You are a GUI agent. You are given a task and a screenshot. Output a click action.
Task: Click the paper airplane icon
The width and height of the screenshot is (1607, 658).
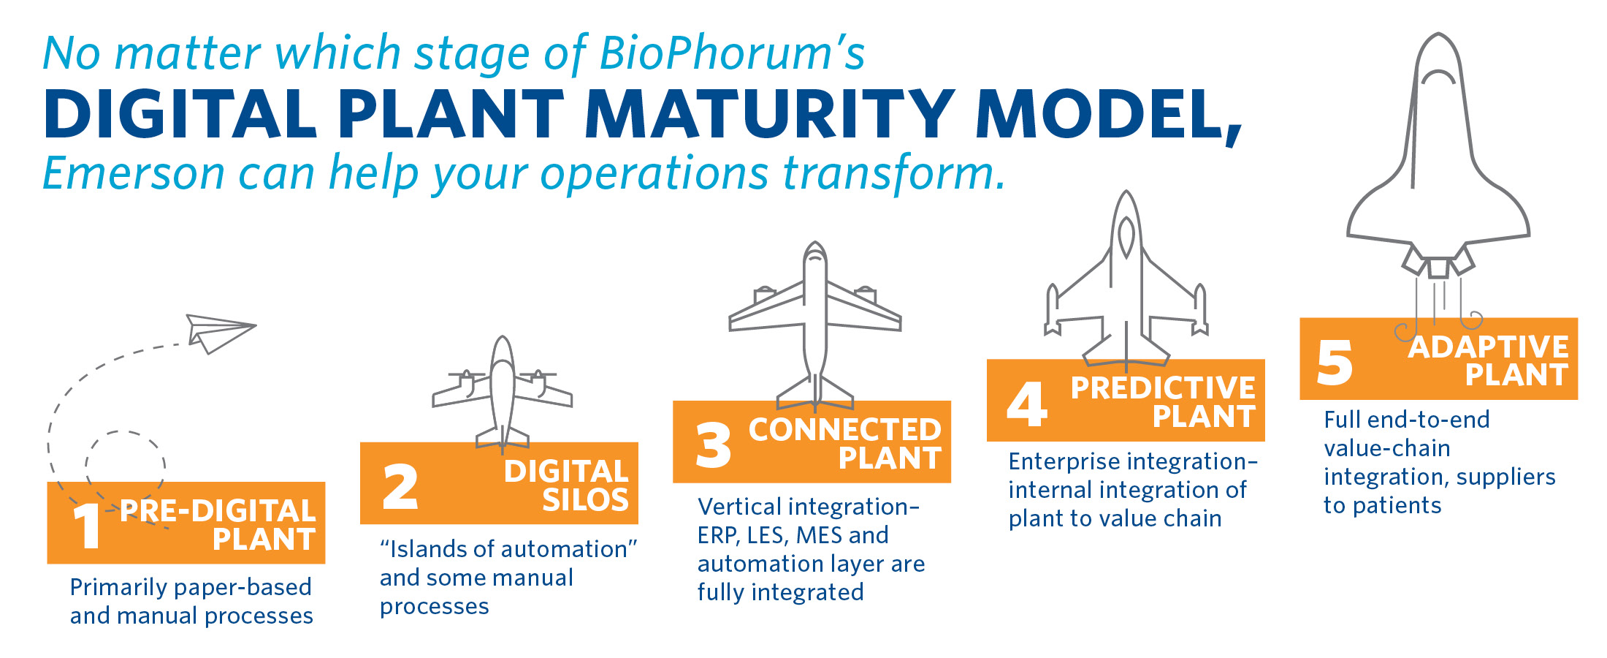[x=219, y=333]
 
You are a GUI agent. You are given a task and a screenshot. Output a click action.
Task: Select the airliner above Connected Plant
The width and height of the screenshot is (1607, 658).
[x=815, y=325]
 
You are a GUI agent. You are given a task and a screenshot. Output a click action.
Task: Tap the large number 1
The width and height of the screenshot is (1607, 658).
[x=87, y=526]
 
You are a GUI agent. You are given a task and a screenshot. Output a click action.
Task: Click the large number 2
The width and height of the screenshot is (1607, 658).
[x=400, y=487]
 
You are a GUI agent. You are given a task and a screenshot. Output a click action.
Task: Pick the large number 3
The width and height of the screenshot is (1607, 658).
[x=713, y=445]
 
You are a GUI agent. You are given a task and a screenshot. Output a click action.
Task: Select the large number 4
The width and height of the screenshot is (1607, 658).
[x=1027, y=404]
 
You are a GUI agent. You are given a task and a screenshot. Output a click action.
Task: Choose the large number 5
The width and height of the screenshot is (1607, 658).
[x=1335, y=363]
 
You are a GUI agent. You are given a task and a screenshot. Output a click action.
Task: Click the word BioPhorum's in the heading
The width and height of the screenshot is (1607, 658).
[x=732, y=54]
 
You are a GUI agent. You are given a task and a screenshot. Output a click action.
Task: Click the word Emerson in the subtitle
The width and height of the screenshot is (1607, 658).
[x=134, y=173]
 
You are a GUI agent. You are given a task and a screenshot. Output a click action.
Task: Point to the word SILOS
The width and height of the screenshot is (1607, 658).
[x=585, y=500]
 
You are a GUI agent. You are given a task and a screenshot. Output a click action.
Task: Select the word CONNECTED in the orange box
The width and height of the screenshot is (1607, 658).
[x=845, y=430]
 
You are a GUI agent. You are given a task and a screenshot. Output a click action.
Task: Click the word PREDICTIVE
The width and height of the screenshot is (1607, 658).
[x=1163, y=388]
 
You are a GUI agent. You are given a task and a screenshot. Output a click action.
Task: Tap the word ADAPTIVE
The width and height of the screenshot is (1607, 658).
[x=1489, y=347]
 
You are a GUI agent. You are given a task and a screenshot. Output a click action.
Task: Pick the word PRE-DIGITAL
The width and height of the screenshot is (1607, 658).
[x=218, y=511]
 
